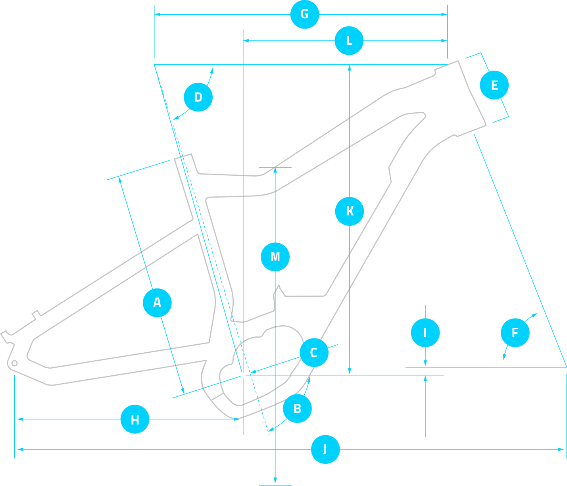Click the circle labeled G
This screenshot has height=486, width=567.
click(x=305, y=14)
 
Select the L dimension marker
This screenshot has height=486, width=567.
click(x=349, y=40)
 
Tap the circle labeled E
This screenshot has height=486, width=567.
click(x=494, y=85)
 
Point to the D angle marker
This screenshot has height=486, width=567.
click(x=198, y=97)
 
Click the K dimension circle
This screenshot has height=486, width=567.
click(x=350, y=211)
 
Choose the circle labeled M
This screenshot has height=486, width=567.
click(x=275, y=257)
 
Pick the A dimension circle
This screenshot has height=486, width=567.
click(x=157, y=303)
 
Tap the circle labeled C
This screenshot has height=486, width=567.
click(x=314, y=353)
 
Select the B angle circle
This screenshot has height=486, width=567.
click(x=297, y=408)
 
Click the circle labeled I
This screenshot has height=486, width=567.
click(x=425, y=332)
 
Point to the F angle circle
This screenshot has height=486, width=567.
click(x=515, y=332)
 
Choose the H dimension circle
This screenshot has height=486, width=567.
click(x=135, y=419)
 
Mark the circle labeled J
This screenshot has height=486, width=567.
click(x=325, y=450)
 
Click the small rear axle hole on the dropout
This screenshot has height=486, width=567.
click(x=15, y=363)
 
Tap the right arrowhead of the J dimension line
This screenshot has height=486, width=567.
click(x=562, y=450)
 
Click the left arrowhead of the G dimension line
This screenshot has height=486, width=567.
click(x=157, y=14)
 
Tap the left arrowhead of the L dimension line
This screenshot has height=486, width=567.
click(x=246, y=40)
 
